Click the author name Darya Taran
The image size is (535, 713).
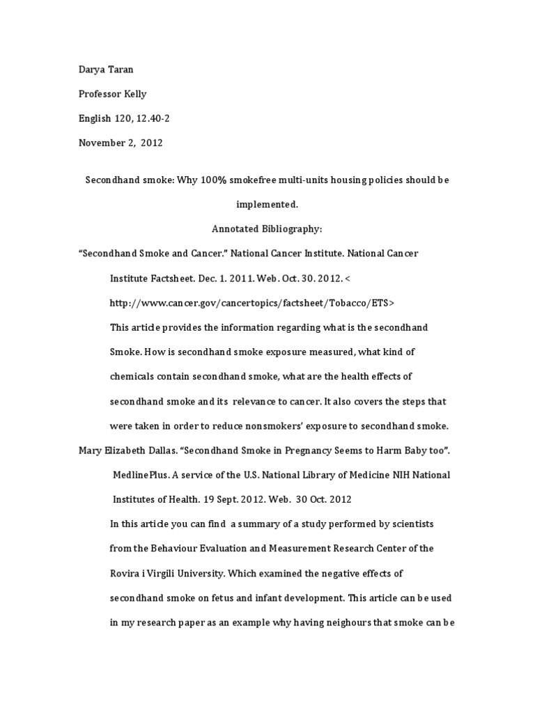[x=104, y=69]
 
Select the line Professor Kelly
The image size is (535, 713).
[x=112, y=94]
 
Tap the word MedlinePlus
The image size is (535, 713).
[x=140, y=475]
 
